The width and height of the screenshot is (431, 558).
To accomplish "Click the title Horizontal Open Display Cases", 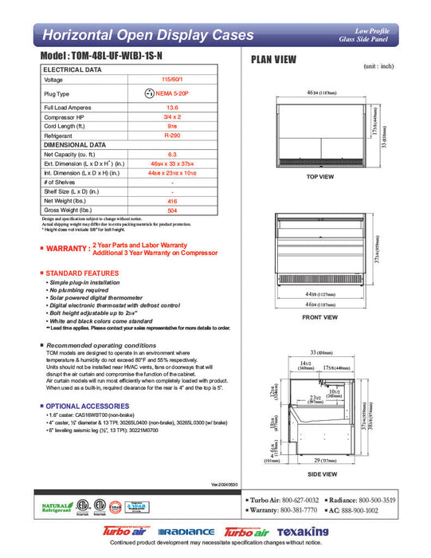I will pos(147,35).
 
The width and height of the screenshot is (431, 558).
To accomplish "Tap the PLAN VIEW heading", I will pos(275,59).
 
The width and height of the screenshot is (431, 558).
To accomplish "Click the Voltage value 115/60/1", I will pos(171,80).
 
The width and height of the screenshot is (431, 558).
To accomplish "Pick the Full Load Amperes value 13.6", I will pos(171,107).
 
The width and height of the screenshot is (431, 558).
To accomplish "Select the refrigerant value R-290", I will pos(171,136).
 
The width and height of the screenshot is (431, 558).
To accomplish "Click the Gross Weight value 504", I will pos(171,211).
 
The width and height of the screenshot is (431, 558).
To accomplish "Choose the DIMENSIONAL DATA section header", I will pos(75,145).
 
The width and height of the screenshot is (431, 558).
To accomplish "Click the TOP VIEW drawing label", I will pos(319,176).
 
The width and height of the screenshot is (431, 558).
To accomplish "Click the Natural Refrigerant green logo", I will pos(54,507).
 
